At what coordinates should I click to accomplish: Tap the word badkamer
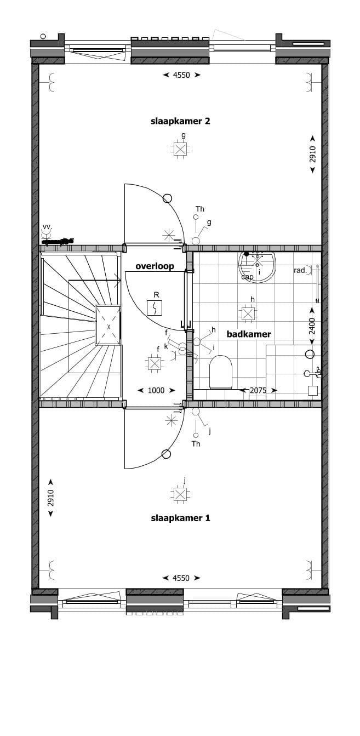coord(249,334)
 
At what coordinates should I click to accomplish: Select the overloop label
coord(155,266)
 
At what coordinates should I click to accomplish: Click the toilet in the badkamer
coord(221,372)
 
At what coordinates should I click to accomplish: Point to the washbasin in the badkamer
coord(257,266)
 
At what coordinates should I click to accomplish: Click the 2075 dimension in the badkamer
coord(258,391)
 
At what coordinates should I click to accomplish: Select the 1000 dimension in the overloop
coord(156,390)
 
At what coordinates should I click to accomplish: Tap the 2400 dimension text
coord(312,326)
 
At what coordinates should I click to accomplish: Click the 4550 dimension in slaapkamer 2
coord(181,75)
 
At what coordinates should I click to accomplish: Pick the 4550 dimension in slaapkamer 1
coord(181,578)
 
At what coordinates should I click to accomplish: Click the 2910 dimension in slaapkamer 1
coord(50,498)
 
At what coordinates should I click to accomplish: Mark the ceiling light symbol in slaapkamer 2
coord(180,149)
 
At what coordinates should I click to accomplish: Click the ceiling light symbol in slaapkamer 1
coord(180,495)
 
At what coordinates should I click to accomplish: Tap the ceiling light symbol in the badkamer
coord(248,314)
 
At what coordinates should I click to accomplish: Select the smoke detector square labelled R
coord(155,308)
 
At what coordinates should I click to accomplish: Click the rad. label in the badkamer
coord(300,270)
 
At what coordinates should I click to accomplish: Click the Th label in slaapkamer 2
coord(200,209)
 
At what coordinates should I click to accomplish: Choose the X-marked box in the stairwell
coord(108,326)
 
